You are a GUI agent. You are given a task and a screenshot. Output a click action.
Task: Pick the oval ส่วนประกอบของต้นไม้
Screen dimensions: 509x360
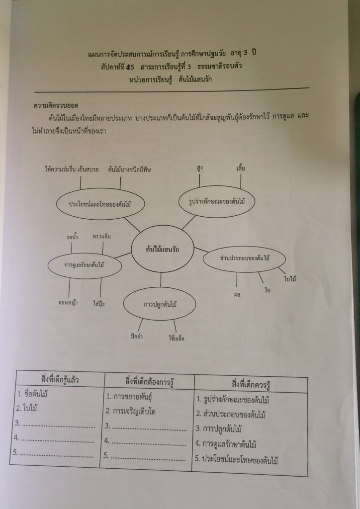pyautogui.click(x=244, y=259)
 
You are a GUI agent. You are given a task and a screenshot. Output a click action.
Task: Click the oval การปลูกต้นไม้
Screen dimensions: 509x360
pyautogui.click(x=160, y=304)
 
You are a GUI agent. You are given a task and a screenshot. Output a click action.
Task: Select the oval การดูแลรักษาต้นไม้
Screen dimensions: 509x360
pyautogui.click(x=84, y=264)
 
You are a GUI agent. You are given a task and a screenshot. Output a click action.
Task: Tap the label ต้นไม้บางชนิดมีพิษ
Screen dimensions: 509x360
pyautogui.click(x=129, y=169)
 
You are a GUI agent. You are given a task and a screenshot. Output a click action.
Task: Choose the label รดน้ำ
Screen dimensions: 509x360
pyautogui.click(x=72, y=237)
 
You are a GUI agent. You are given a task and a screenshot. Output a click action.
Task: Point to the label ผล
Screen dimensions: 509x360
pyautogui.click(x=237, y=294)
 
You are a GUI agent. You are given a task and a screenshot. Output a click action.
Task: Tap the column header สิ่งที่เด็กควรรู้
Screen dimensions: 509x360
pyautogui.click(x=251, y=385)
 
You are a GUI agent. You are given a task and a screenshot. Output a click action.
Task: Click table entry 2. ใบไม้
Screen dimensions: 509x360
pyautogui.click(x=27, y=409)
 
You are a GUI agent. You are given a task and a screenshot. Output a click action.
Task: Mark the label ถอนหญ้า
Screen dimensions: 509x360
pyautogui.click(x=69, y=302)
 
